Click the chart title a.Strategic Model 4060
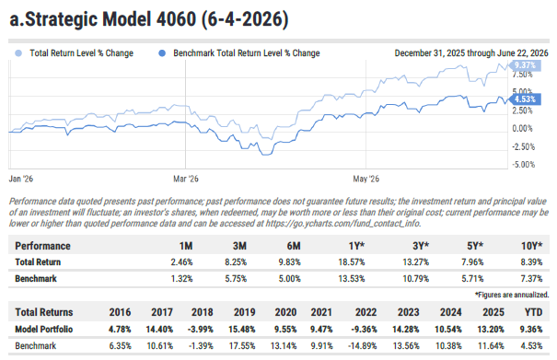coord(103,18)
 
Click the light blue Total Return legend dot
coord(18,53)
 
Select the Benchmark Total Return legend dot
coord(162,53)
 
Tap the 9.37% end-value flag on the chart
coord(525,65)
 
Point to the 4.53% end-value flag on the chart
coord(525,99)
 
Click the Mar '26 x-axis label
coord(186,179)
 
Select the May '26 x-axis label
coord(366,179)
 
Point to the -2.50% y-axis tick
coord(523,146)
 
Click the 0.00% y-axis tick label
coord(522,129)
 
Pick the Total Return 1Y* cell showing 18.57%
coord(352,262)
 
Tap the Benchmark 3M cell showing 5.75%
coord(236,279)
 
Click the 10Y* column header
coord(531,246)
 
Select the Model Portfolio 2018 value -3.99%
coord(201,330)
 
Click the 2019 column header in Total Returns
coord(244,312)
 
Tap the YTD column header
coord(534,312)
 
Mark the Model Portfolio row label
coord(43,330)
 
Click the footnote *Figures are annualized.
coord(512,295)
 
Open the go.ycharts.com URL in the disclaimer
coord(343,224)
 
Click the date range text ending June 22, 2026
coord(471,53)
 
